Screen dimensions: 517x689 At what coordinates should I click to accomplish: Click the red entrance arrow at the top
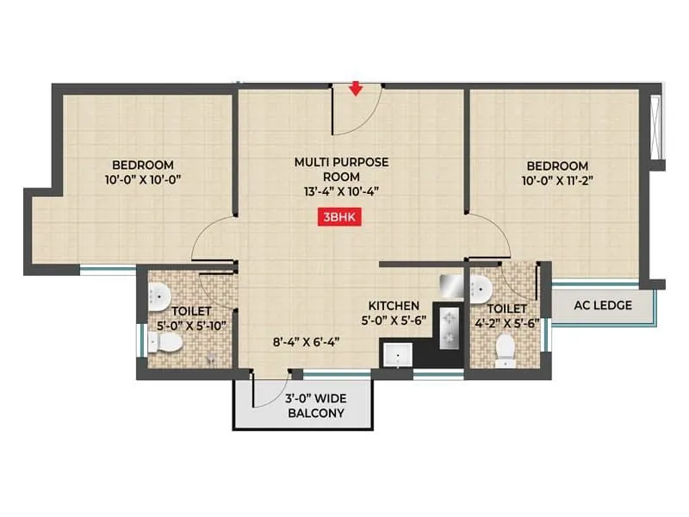click(x=355, y=88)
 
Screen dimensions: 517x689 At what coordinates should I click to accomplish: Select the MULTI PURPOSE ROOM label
click(x=342, y=169)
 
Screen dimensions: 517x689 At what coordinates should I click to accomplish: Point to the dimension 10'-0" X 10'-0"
click(x=143, y=180)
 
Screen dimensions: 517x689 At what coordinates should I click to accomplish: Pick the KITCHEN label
click(x=394, y=306)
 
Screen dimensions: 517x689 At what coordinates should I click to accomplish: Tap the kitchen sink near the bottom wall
click(x=396, y=354)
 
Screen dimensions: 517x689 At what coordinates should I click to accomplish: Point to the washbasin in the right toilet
click(x=481, y=287)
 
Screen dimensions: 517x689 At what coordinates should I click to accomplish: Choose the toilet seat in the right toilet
click(x=505, y=351)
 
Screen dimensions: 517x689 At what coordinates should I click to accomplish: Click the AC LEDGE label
click(x=604, y=305)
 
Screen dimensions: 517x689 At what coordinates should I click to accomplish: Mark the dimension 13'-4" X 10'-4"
click(x=342, y=192)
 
